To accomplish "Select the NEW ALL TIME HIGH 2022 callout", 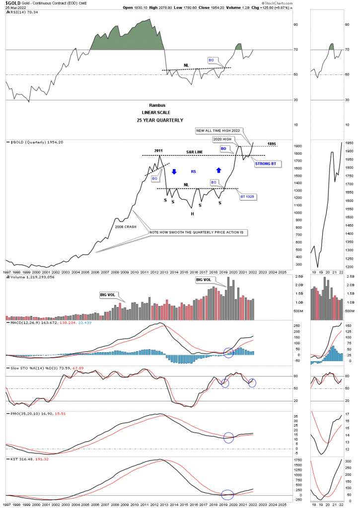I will click(x=218, y=130).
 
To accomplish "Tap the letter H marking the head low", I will click(x=192, y=213).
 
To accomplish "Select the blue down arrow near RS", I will click(x=174, y=172).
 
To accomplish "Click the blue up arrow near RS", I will click(x=218, y=170).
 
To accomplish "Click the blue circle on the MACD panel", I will click(x=228, y=353).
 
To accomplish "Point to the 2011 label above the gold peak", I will click(x=159, y=151).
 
